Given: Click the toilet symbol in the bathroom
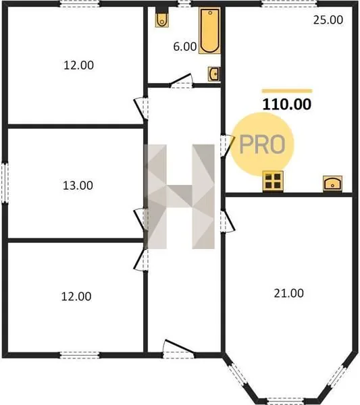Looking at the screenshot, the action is [x=162, y=20].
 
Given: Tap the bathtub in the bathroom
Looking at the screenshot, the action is [x=209, y=31].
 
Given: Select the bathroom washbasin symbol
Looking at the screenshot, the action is [x=214, y=74].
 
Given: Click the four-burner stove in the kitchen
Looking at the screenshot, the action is [x=273, y=182].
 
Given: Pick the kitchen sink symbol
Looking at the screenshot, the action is [x=332, y=184].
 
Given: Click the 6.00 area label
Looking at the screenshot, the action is [x=185, y=47].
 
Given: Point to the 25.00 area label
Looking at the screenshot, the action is [x=328, y=20].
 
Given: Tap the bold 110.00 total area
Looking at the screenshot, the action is [x=287, y=105].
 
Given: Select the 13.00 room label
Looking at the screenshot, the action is [x=78, y=186].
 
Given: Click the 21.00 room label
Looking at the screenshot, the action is [x=288, y=293].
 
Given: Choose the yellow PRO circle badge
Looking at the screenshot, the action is [x=262, y=144].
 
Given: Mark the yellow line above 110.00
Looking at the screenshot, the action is [x=287, y=90].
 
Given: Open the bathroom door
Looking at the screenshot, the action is [x=181, y=81].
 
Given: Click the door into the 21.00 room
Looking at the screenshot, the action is [x=227, y=221].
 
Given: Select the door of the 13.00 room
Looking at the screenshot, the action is [x=141, y=219].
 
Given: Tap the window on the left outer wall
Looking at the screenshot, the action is [x=5, y=183].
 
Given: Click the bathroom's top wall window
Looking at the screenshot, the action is [x=184, y=4].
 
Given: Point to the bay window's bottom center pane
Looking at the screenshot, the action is [x=285, y=401].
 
